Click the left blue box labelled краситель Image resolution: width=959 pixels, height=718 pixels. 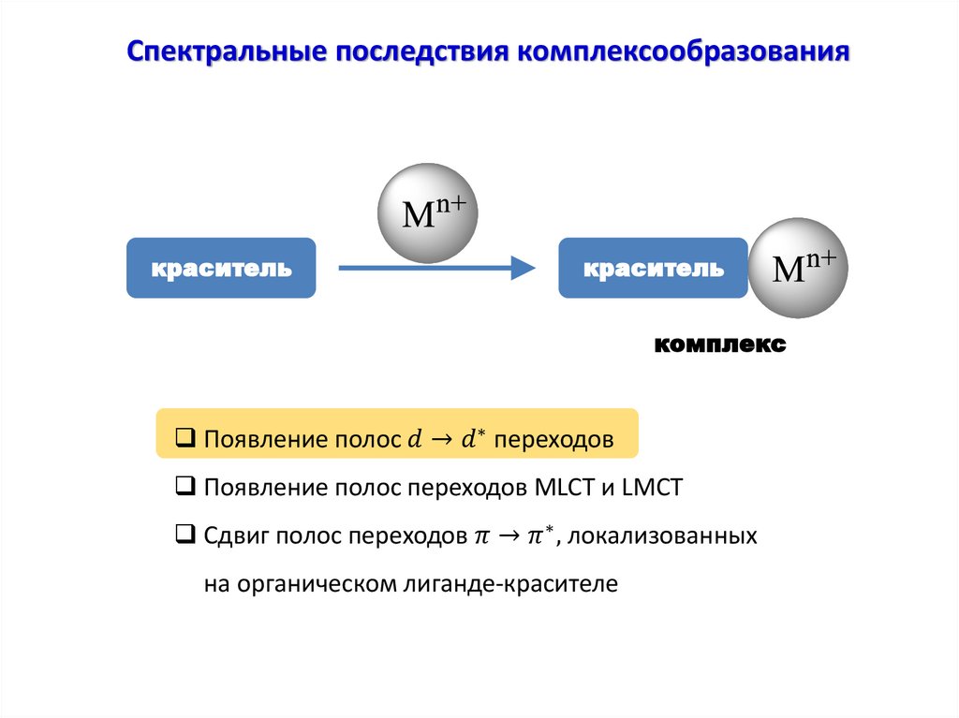pyautogui.click(x=221, y=270)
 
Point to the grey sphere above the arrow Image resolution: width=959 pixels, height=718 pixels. pyautogui.click(x=427, y=212)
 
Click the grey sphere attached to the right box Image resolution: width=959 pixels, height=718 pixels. pyautogui.click(x=798, y=269)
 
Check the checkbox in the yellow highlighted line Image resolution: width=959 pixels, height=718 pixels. pyautogui.click(x=184, y=438)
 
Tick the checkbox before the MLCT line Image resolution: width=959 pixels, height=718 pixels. pyautogui.click(x=184, y=487)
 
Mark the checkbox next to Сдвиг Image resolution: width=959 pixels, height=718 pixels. pyautogui.click(x=184, y=536)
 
